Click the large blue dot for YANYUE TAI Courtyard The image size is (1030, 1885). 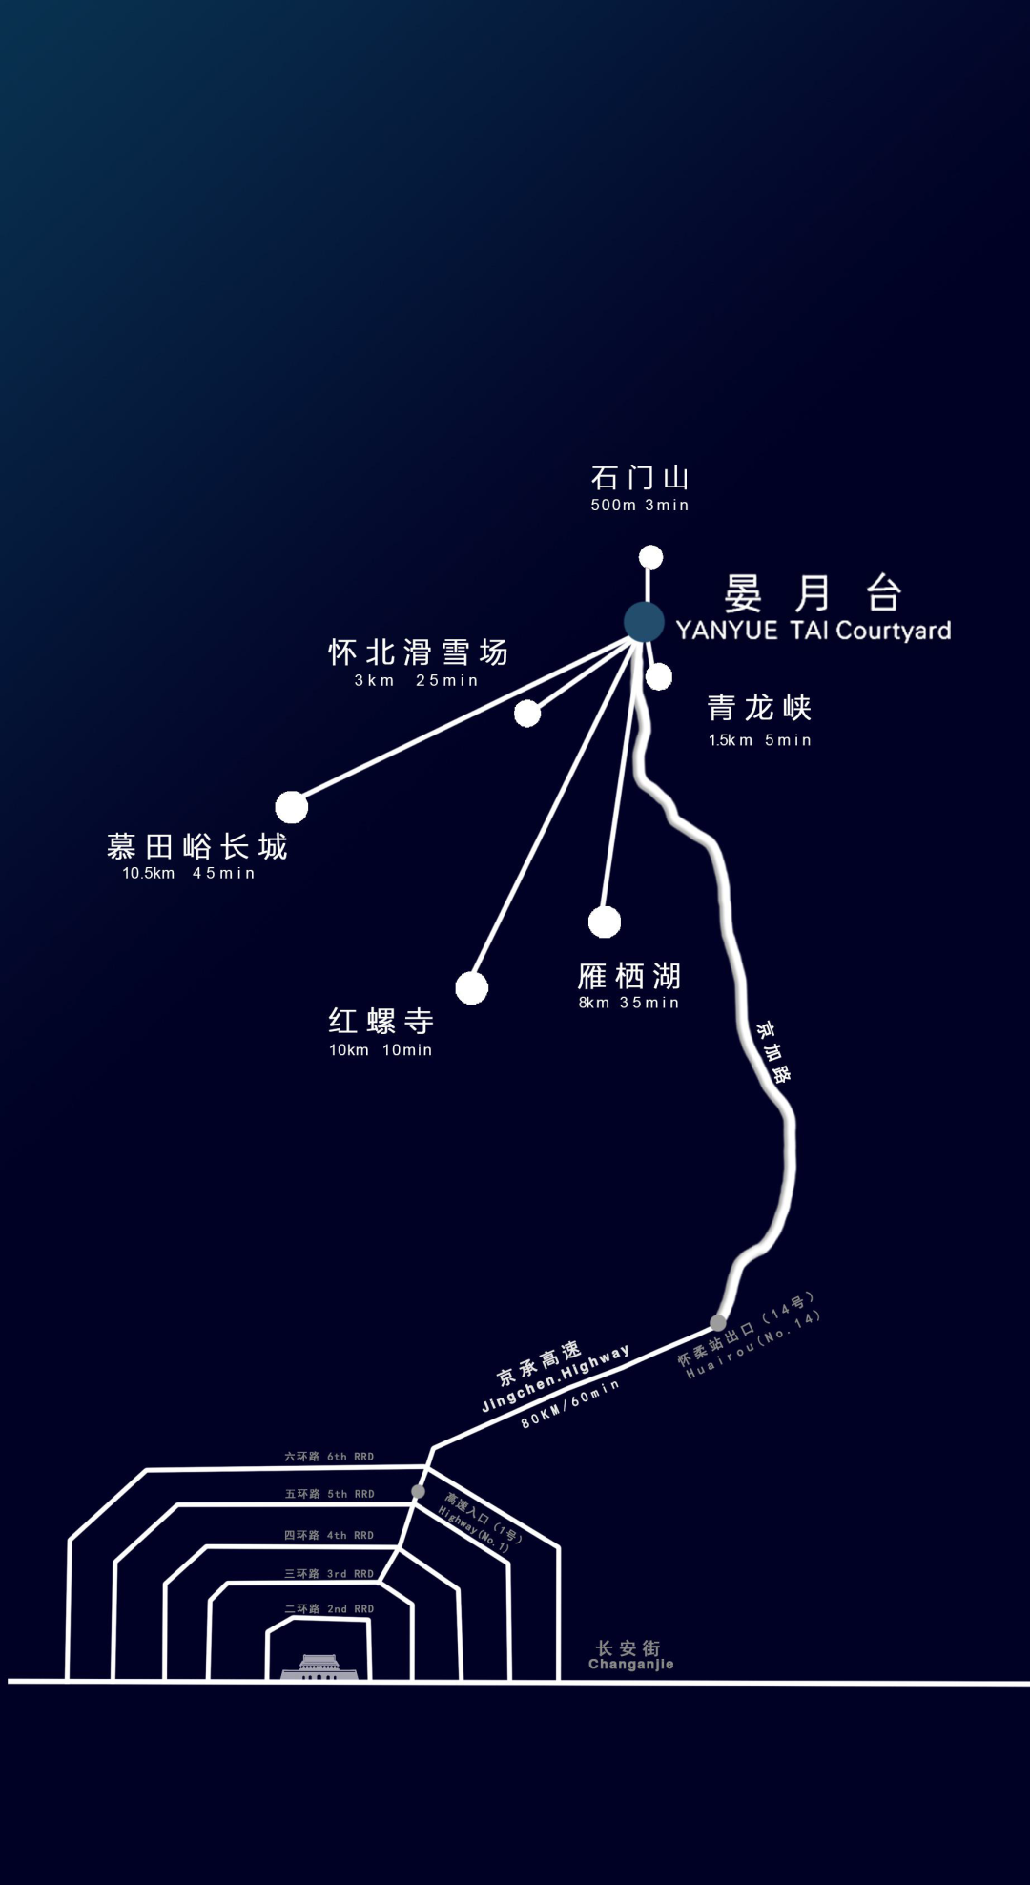[644, 622]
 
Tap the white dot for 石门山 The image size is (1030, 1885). [650, 557]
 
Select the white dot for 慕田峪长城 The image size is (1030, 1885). [292, 807]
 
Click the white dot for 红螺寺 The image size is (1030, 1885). [471, 988]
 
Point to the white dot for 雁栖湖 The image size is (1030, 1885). [605, 922]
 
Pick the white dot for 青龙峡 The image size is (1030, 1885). [659, 676]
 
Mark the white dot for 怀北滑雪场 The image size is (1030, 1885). [527, 713]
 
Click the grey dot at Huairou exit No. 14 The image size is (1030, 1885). [717, 1323]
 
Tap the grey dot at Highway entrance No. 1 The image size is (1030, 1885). [418, 1491]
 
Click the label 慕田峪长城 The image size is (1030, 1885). [196, 846]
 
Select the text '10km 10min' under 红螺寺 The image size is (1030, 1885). [381, 1050]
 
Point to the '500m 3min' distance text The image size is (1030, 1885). [639, 506]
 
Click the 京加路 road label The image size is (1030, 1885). [772, 1052]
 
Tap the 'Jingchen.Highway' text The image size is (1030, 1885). [555, 1379]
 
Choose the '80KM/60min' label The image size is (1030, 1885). [569, 1404]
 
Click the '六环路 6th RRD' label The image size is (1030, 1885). [329, 1457]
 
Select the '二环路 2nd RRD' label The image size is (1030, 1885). [329, 1609]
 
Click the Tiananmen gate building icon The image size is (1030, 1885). [319, 1667]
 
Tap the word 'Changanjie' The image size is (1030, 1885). [630, 1665]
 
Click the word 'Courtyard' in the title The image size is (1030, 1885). [894, 631]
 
